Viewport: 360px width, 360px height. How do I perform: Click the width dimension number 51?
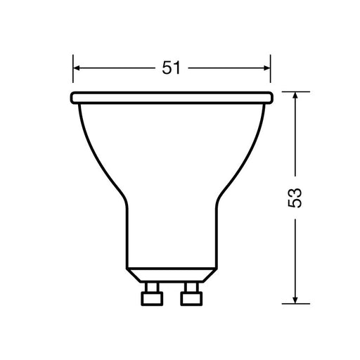click(x=172, y=68)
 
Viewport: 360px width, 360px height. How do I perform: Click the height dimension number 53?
click(x=296, y=198)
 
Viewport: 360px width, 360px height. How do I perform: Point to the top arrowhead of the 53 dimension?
click(x=296, y=95)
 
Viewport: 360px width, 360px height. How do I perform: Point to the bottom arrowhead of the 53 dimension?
click(x=296, y=301)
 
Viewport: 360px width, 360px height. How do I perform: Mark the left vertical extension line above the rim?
click(x=73, y=74)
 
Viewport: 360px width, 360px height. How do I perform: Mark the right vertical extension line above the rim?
click(x=271, y=74)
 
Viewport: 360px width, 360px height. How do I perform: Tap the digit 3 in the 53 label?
click(x=296, y=192)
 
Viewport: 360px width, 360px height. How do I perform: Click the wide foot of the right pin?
click(x=191, y=298)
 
